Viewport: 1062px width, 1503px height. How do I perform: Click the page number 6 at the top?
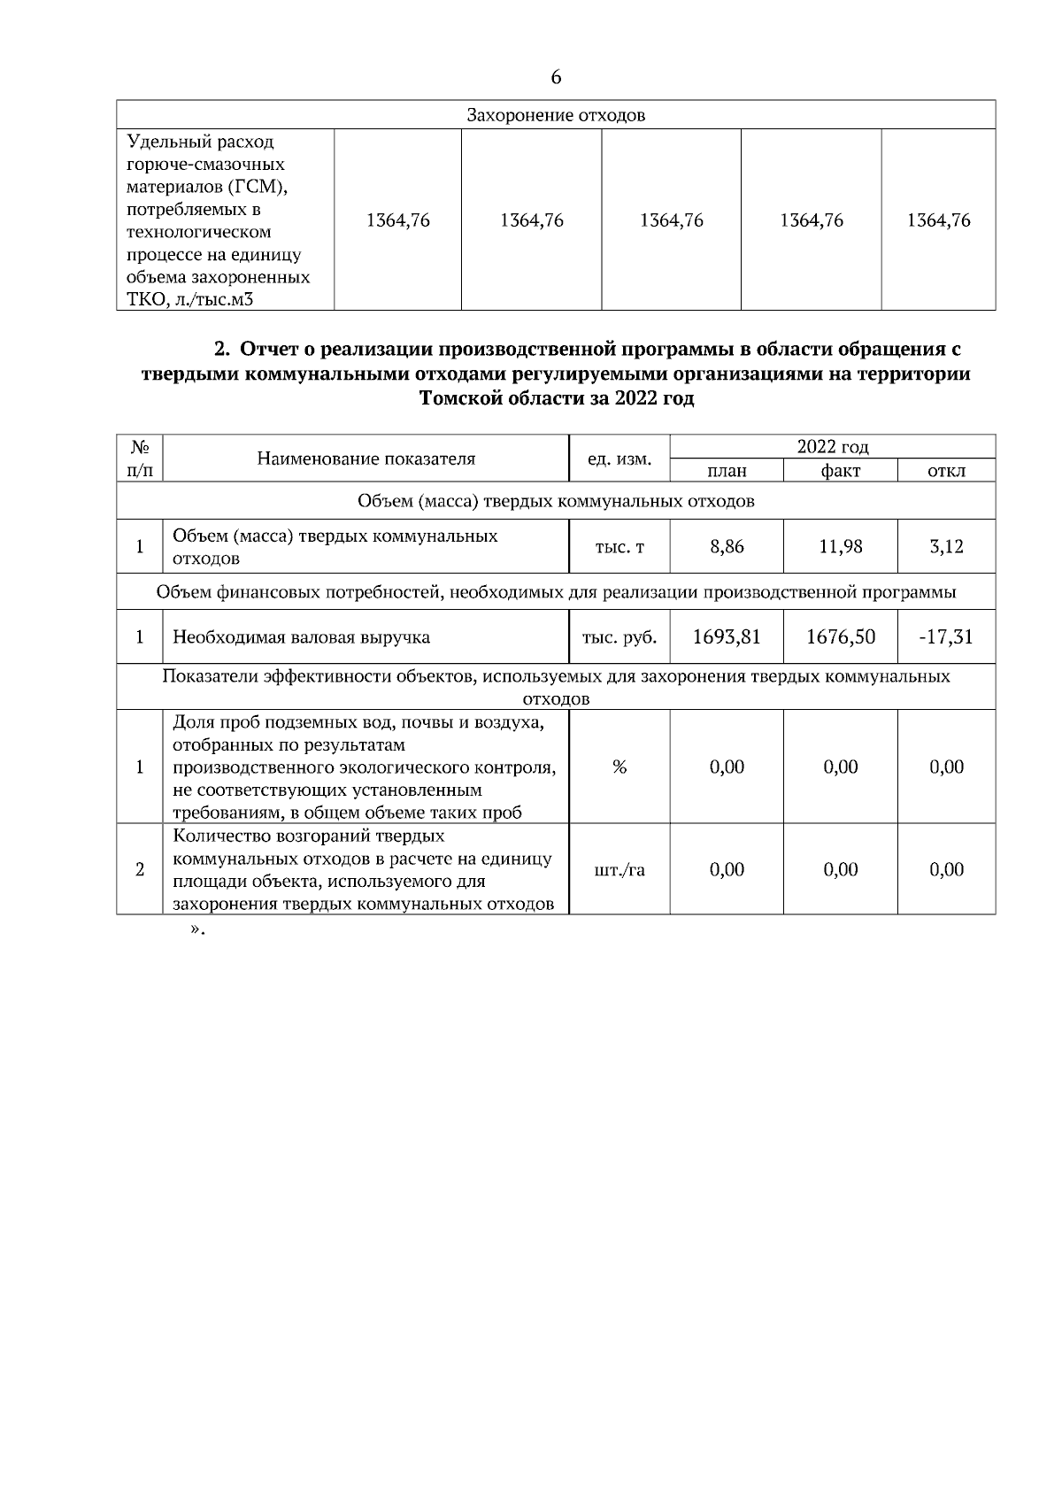click(556, 78)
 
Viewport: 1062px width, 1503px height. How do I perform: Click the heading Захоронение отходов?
click(556, 116)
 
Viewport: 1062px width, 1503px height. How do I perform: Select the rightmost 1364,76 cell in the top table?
click(938, 220)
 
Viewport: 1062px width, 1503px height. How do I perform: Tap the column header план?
click(727, 471)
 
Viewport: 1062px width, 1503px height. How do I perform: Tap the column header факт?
click(840, 471)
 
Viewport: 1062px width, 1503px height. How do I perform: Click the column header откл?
click(946, 471)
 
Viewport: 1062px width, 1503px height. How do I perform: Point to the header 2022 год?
click(832, 447)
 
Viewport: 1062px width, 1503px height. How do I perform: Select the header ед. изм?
click(619, 459)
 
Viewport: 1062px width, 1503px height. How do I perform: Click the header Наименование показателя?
click(366, 459)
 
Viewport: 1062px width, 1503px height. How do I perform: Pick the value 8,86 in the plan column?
click(727, 547)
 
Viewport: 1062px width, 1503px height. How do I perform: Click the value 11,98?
click(840, 547)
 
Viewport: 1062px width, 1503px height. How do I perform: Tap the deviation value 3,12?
click(946, 547)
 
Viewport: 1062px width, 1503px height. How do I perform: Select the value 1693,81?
click(727, 636)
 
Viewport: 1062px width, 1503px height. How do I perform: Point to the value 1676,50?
click(840, 636)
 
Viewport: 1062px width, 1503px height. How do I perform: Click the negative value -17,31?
click(946, 636)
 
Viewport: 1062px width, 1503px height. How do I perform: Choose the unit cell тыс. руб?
click(619, 636)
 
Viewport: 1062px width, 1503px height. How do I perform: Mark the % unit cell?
click(619, 767)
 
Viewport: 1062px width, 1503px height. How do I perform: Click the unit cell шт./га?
click(619, 870)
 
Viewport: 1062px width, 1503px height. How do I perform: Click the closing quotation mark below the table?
click(197, 930)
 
